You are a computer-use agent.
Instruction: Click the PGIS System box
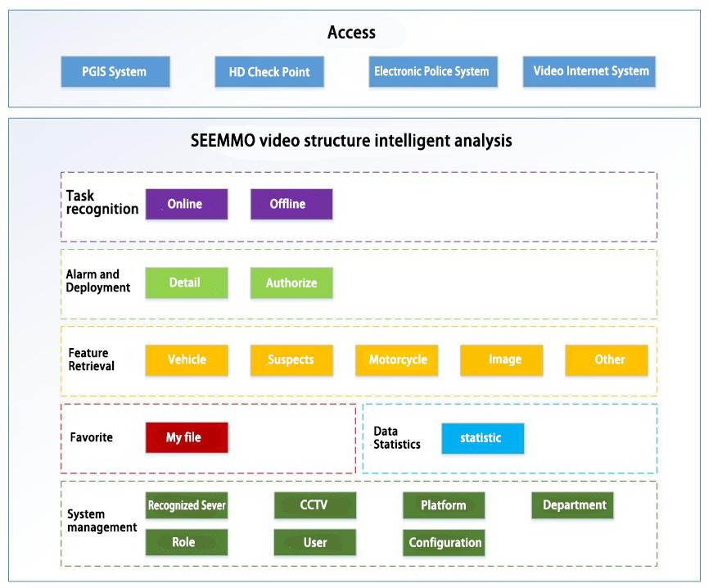115,71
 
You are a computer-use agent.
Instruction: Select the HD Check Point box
269,71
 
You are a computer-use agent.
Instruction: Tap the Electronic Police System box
431,71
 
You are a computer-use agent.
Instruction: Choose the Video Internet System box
589,71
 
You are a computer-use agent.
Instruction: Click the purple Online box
186,204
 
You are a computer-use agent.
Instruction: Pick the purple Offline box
291,204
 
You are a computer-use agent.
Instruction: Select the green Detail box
186,283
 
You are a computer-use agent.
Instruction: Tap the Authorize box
291,283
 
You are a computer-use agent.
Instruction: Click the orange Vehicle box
187,360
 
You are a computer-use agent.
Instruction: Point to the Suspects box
291,360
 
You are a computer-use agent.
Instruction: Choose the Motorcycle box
397,360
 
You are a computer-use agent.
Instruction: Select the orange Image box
502,360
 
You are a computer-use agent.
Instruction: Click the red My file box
186,437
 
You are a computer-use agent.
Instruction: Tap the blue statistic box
482,437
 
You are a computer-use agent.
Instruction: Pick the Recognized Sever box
186,505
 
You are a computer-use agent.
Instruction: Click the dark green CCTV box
314,505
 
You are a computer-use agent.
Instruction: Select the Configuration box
444,542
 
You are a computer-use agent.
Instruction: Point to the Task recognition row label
102,202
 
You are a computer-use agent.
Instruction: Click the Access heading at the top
351,33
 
